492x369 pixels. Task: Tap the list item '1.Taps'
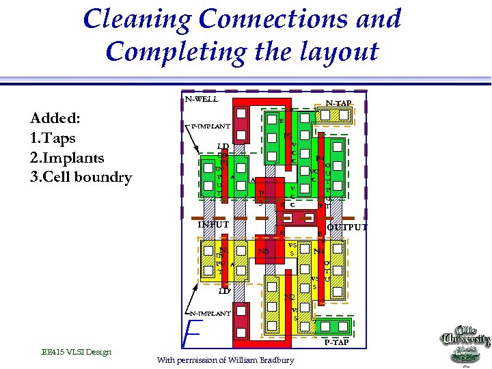click(x=53, y=138)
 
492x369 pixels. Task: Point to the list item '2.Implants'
click(x=67, y=158)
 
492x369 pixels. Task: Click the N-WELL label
click(x=202, y=99)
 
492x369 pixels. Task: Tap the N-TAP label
click(x=338, y=103)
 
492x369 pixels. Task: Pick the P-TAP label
click(x=336, y=342)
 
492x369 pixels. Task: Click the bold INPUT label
click(x=213, y=224)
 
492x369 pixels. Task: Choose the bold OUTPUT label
click(x=347, y=228)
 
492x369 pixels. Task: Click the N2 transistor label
click(x=289, y=297)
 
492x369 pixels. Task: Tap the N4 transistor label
click(x=318, y=251)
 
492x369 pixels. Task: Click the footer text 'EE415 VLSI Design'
click(x=76, y=352)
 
